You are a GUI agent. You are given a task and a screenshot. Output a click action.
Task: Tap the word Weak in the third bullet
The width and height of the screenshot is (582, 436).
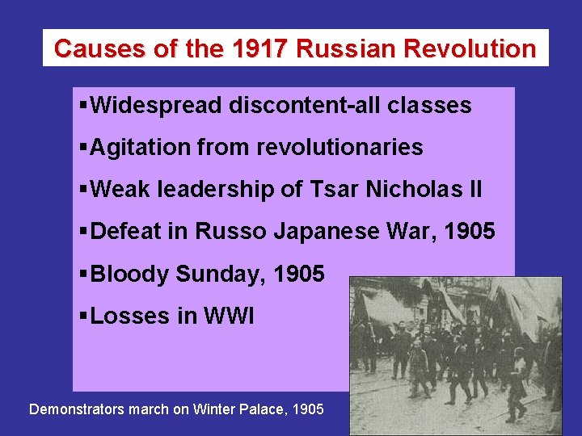(x=120, y=189)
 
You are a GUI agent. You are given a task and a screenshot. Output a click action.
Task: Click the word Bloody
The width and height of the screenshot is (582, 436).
(x=129, y=275)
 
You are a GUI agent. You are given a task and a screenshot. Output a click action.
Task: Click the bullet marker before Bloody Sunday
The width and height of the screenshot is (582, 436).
(x=84, y=275)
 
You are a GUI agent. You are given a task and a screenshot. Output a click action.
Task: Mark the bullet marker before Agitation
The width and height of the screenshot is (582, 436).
(x=84, y=147)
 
